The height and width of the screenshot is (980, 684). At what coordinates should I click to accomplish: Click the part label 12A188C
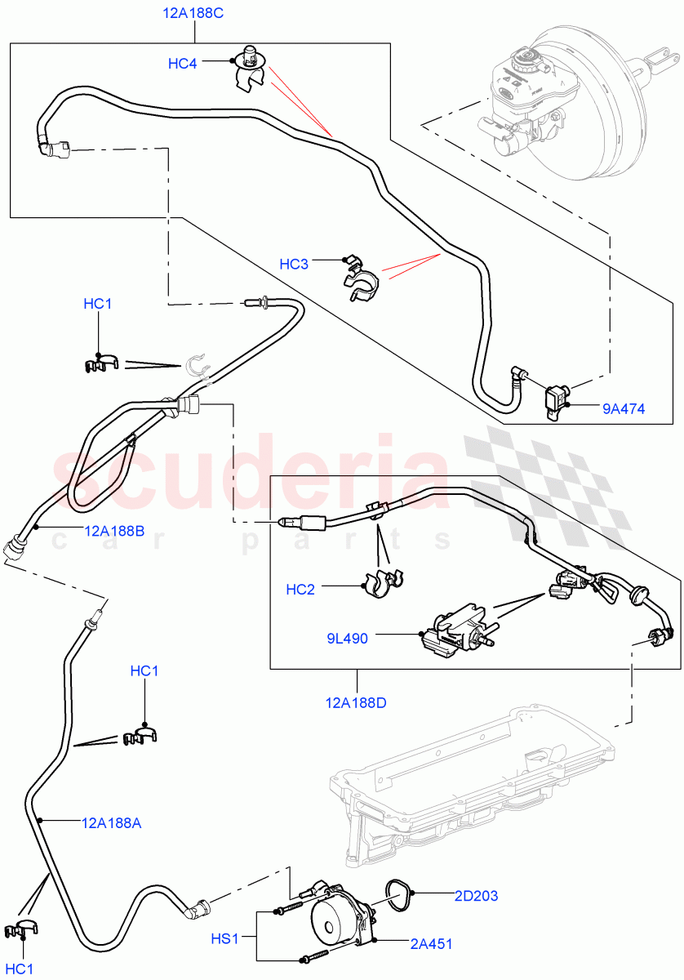[x=194, y=13]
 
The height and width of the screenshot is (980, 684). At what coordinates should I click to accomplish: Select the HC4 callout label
[x=182, y=63]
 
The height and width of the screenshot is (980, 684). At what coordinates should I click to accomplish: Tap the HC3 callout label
[x=294, y=264]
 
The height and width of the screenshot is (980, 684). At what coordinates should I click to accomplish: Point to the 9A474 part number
[x=624, y=408]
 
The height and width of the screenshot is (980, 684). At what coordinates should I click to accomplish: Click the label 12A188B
[x=114, y=531]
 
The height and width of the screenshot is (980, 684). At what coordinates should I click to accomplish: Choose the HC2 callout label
[x=300, y=589]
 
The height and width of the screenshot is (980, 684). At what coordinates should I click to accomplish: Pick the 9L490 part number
[x=347, y=638]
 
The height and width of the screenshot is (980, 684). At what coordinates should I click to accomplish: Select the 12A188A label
[x=111, y=822]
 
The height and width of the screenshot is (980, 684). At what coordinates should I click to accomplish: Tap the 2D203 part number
[x=476, y=896]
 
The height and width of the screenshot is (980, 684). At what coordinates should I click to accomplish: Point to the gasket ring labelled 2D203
[x=397, y=896]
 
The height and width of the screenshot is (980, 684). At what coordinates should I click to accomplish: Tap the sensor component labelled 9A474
[x=557, y=401]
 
